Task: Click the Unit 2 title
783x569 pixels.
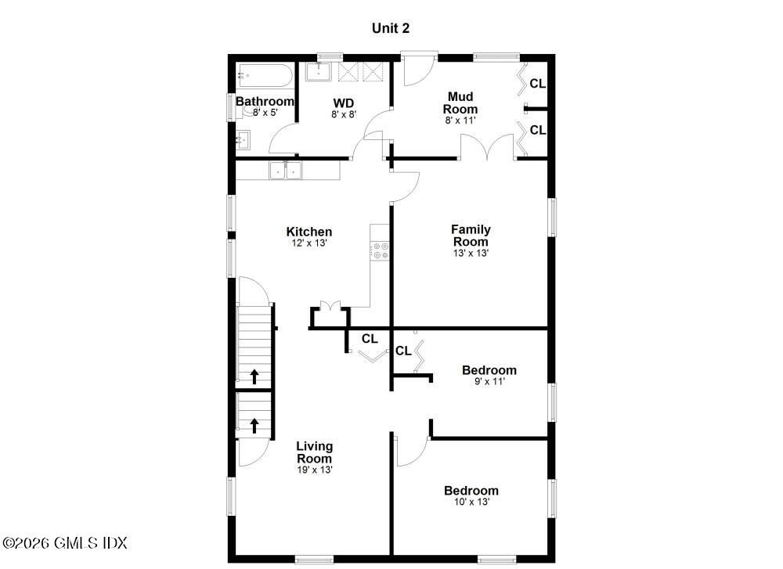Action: pos(390,28)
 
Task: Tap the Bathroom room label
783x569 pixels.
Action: pos(265,102)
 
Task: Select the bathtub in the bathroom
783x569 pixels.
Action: pos(265,76)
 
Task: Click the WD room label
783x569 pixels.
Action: pos(344,103)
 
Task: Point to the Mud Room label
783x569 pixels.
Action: pos(460,103)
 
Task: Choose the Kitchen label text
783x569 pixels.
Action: pos(309,232)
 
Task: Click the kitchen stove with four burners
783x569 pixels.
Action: pos(381,251)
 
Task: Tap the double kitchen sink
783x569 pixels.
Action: pos(286,170)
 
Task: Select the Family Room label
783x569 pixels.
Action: pos(471,235)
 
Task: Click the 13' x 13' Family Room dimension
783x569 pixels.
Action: pos(471,254)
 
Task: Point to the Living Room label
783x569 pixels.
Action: pos(314,452)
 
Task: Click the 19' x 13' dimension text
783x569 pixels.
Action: pos(314,470)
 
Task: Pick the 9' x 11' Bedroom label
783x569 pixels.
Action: pos(489,370)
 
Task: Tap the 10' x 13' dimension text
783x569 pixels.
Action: pos(471,502)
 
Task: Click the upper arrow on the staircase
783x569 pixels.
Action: pos(254,376)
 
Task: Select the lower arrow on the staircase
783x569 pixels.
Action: pos(254,426)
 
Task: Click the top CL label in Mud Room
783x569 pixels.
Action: pos(537,84)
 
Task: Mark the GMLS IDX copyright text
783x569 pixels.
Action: pos(65,542)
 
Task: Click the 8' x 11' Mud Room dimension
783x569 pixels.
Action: pos(460,121)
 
